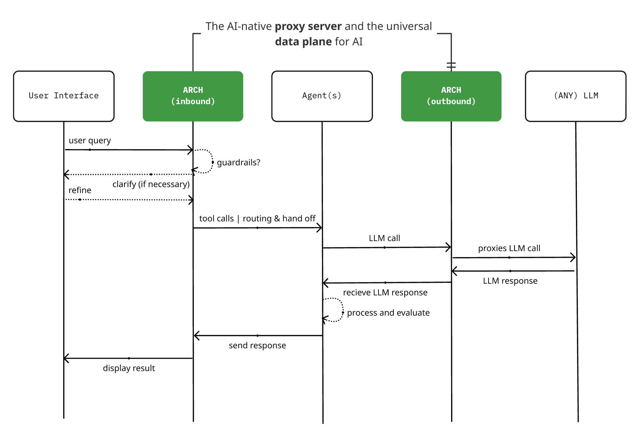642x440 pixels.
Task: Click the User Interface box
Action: click(64, 96)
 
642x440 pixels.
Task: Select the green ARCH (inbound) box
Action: click(193, 96)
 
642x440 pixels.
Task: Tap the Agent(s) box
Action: click(322, 96)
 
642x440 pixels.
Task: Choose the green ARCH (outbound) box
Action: click(451, 96)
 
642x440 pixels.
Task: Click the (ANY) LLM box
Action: click(575, 96)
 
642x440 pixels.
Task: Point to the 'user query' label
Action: click(90, 141)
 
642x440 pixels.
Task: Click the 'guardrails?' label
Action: click(238, 162)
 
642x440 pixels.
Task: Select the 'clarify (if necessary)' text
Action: click(151, 184)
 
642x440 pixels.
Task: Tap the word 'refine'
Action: click(80, 190)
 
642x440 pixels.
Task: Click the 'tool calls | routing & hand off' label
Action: click(257, 218)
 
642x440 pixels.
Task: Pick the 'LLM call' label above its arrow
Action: click(384, 238)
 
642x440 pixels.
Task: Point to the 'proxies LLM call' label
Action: click(509, 248)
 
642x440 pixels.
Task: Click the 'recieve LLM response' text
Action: click(385, 293)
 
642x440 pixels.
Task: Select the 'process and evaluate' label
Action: click(388, 313)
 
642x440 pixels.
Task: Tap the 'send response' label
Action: click(257, 345)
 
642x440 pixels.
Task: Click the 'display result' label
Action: click(129, 368)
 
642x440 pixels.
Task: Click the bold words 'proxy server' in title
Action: click(308, 26)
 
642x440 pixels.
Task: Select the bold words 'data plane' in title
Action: click(303, 42)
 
